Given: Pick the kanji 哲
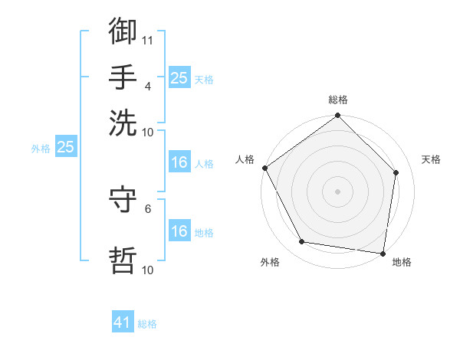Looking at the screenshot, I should [x=123, y=259].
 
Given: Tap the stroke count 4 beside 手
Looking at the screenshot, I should [x=148, y=86].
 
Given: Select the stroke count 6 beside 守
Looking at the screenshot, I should [x=148, y=208].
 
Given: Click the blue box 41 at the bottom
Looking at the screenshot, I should [x=123, y=323].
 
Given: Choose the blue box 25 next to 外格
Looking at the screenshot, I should [x=65, y=148].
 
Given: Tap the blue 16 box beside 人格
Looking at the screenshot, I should [x=179, y=163].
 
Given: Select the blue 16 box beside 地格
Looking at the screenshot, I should [x=179, y=231].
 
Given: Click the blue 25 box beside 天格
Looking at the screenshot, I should [x=179, y=78].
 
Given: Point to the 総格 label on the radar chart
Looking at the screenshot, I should [x=338, y=100].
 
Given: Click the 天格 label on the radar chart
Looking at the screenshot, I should [x=431, y=159].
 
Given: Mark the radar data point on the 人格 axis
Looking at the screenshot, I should [x=264, y=168].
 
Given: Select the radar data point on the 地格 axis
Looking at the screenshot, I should [x=383, y=253].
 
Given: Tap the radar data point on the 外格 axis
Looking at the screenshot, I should [x=302, y=242].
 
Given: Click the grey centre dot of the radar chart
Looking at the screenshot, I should [x=338, y=191].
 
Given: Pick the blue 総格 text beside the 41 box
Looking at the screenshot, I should [x=147, y=324].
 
